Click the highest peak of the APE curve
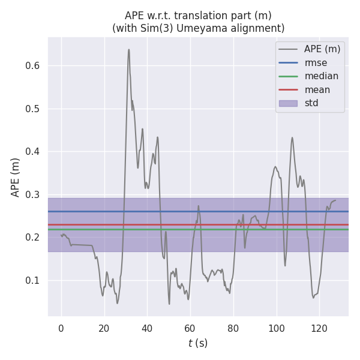128,50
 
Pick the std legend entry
311,103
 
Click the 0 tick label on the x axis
61,328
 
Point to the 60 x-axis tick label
190,328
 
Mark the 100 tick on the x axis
276,328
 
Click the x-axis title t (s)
198,344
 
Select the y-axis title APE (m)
16,176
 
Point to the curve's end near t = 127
335,200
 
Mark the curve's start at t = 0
61,235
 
